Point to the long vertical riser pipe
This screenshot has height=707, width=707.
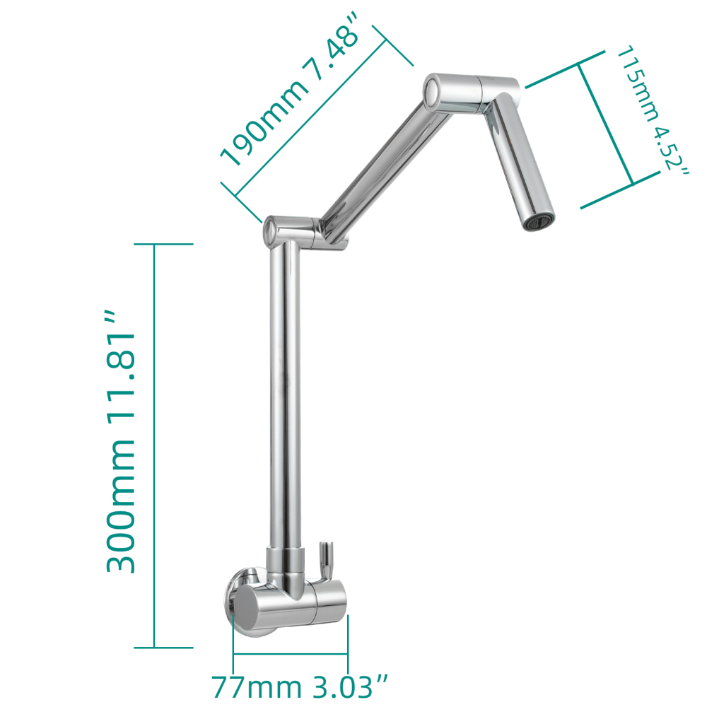tap(284, 396)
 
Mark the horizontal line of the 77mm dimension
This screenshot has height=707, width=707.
tap(290, 654)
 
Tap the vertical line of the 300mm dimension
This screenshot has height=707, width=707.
tap(153, 445)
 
